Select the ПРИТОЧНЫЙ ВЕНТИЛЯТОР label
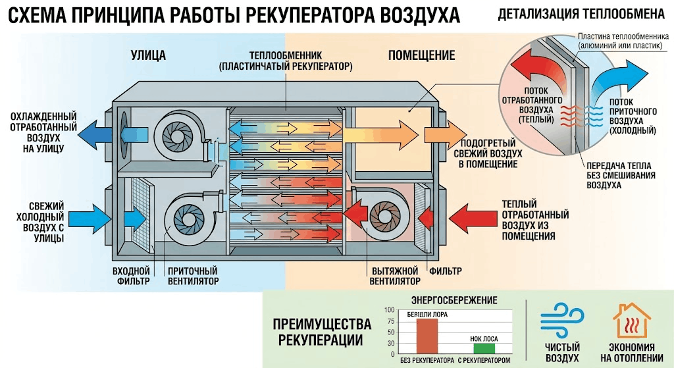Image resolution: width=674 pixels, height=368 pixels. [193, 276]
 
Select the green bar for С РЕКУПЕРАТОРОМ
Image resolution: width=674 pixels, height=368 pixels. [484, 348]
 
